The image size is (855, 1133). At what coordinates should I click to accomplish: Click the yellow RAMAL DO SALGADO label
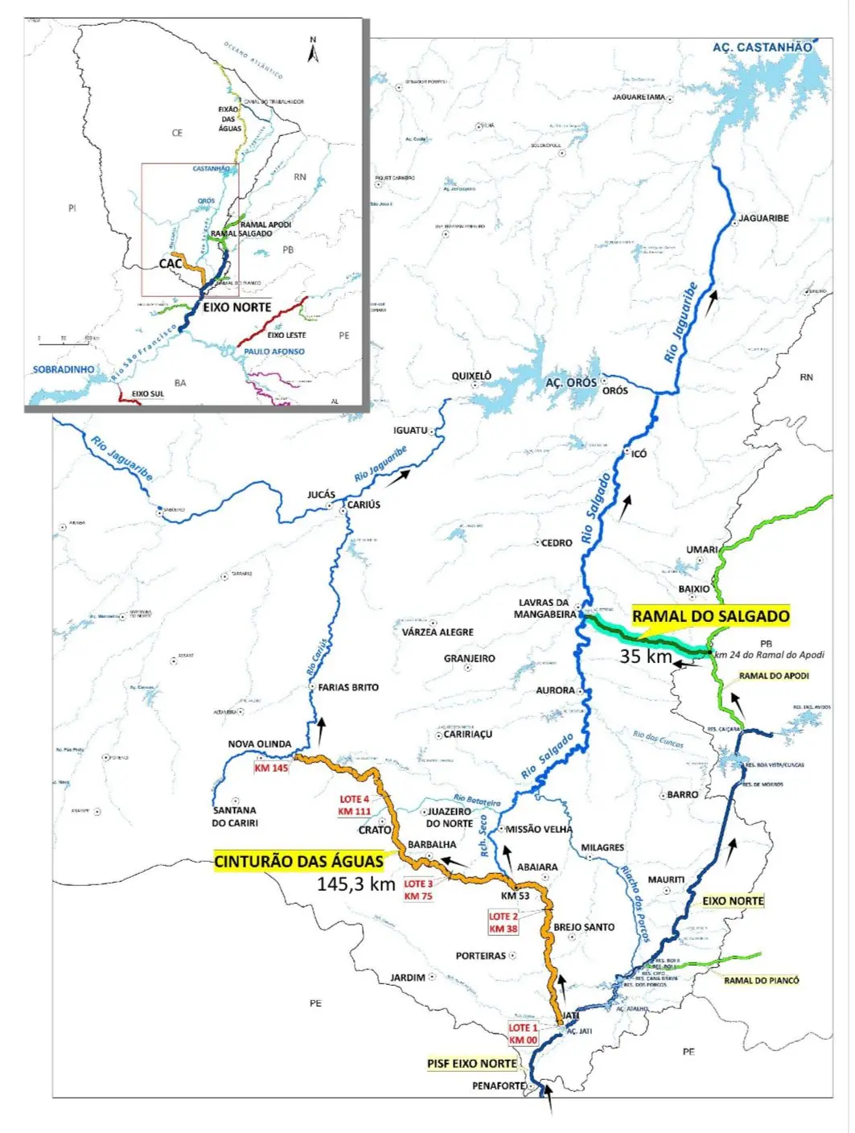(x=710, y=616)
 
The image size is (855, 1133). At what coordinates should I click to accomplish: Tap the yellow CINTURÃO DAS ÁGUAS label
(x=298, y=861)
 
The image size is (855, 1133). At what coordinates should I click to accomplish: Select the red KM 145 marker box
(x=271, y=768)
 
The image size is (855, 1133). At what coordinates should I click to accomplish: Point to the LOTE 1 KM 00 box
(x=523, y=1034)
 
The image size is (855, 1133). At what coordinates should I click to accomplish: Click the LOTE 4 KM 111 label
(x=355, y=805)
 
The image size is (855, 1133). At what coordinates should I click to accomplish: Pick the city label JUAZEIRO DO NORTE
(x=449, y=818)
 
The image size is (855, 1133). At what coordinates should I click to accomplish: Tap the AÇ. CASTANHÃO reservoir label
(x=762, y=47)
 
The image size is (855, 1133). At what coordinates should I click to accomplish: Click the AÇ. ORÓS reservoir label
(x=571, y=382)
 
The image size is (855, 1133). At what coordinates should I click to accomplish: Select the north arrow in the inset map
(x=314, y=51)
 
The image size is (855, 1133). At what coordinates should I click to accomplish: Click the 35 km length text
(x=645, y=657)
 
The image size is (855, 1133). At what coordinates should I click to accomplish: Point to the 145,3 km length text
(x=356, y=884)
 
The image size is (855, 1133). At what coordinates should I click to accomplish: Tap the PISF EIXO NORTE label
(x=471, y=1063)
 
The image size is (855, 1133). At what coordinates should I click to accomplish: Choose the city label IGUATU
(x=410, y=431)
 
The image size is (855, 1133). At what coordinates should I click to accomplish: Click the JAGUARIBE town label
(x=763, y=218)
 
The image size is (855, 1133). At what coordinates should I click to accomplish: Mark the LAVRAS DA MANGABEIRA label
(x=543, y=608)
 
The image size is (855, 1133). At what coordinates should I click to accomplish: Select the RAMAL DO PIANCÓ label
(x=761, y=980)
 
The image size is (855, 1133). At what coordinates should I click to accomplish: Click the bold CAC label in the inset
(x=170, y=263)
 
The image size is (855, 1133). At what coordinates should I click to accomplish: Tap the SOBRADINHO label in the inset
(x=63, y=369)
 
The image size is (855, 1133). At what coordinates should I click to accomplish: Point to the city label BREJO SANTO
(x=584, y=927)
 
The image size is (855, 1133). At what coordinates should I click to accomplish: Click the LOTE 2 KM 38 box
(x=504, y=922)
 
